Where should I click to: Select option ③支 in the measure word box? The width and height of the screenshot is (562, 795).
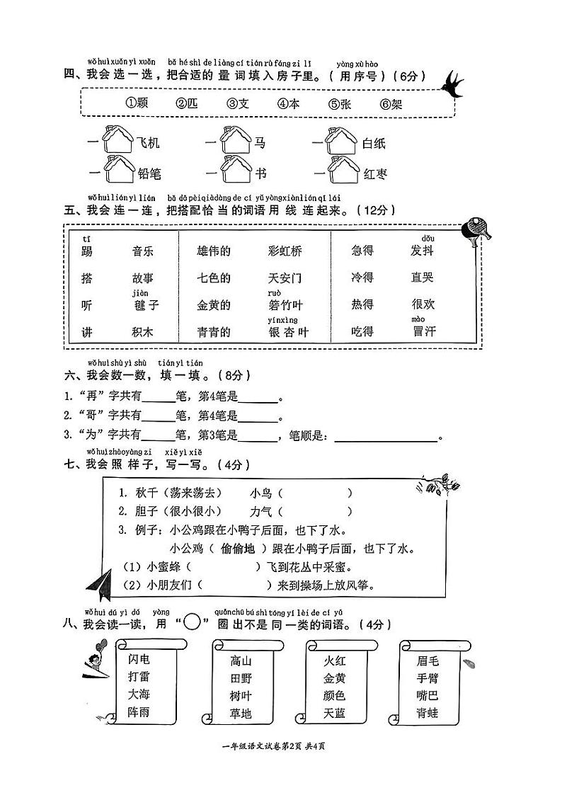pyautogui.click(x=238, y=103)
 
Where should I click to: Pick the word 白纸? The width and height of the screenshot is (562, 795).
pyautogui.click(x=374, y=144)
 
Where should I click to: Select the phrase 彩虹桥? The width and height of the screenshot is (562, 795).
pyautogui.click(x=285, y=251)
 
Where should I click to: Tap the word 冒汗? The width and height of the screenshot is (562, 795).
pyautogui.click(x=424, y=331)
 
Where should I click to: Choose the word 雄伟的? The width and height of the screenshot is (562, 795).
pyautogui.click(x=214, y=251)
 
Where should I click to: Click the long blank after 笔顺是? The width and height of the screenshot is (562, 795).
pyautogui.click(x=386, y=436)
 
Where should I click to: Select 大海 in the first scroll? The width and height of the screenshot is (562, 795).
pyautogui.click(x=139, y=694)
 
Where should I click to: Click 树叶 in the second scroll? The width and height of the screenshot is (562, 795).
pyautogui.click(x=241, y=696)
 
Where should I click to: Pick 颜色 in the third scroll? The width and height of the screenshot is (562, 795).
pyautogui.click(x=335, y=696)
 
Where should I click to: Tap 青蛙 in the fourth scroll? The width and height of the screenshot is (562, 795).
pyautogui.click(x=428, y=713)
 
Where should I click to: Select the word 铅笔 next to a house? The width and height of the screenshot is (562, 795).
pyautogui.click(x=150, y=173)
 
